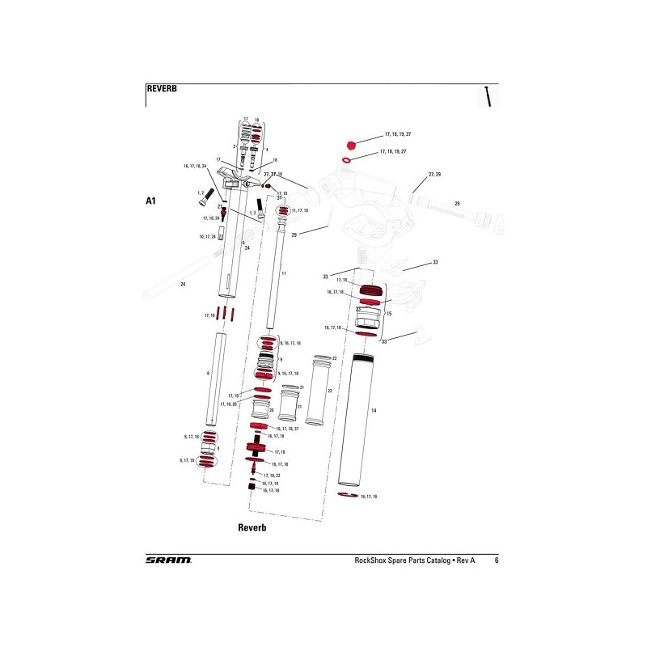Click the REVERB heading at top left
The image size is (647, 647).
[161, 89]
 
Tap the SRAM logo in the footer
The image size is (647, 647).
[168, 560]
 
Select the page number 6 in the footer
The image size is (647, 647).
[496, 560]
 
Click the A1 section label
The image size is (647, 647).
[150, 200]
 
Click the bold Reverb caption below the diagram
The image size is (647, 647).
[252, 527]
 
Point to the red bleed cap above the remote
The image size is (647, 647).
[350, 146]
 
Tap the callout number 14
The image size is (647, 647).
[374, 411]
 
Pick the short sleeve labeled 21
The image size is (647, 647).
[290, 405]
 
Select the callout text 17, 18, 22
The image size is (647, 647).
[272, 476]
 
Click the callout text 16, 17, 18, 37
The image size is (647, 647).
[287, 429]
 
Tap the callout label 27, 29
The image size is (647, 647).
[434, 175]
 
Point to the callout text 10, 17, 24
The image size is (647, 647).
[207, 237]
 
